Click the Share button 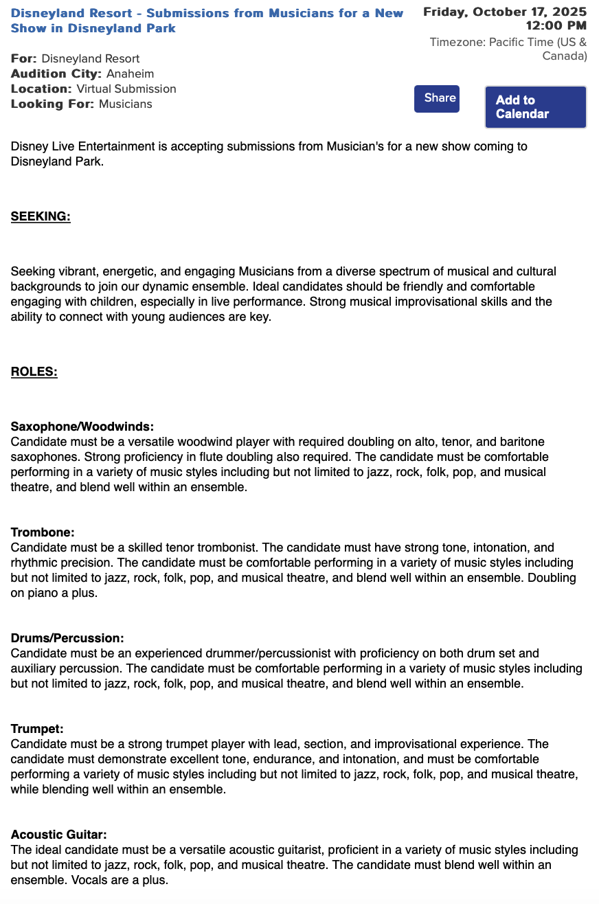tap(436, 98)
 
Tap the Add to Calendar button tap(535, 107)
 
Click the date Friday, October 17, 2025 tap(505, 12)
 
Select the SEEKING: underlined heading tap(41, 217)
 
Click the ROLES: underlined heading tap(34, 372)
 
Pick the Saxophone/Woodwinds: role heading tap(82, 427)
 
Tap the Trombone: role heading tap(43, 532)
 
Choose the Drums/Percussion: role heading tap(67, 638)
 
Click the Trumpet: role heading tap(37, 729)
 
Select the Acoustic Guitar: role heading tap(58, 835)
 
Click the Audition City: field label tap(56, 74)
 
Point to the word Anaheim tap(130, 74)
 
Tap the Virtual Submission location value tap(126, 89)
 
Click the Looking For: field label tap(53, 104)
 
